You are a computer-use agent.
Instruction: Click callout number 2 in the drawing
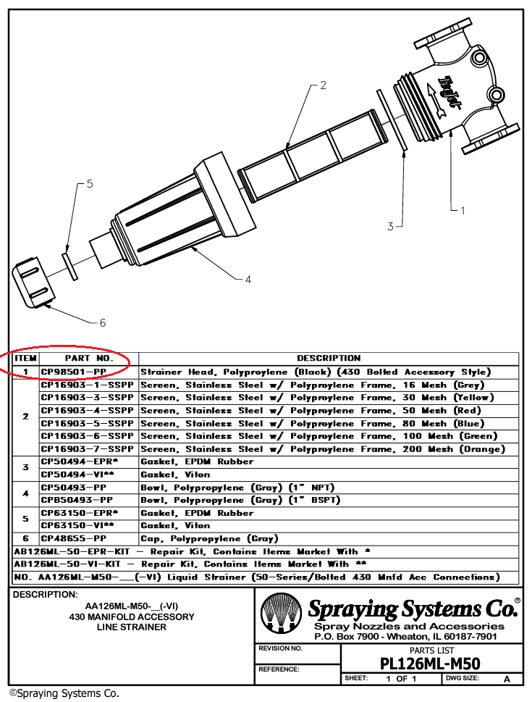pyautogui.click(x=323, y=85)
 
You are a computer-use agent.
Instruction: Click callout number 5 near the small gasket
pyautogui.click(x=90, y=184)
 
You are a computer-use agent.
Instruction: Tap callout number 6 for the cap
pyautogui.click(x=102, y=322)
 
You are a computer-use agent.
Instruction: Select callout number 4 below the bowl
pyautogui.click(x=248, y=279)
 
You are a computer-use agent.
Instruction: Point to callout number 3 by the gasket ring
pyautogui.click(x=390, y=227)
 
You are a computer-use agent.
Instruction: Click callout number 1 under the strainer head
pyautogui.click(x=463, y=211)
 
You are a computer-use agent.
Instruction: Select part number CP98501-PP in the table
pyautogui.click(x=74, y=372)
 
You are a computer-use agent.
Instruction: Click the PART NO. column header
pyautogui.click(x=89, y=358)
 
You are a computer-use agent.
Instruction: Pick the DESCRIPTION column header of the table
pyautogui.click(x=328, y=358)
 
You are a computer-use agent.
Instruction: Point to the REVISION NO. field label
pyautogui.click(x=279, y=648)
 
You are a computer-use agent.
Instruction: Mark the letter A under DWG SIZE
pyautogui.click(x=507, y=679)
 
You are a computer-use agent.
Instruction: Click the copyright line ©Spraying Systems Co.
pyautogui.click(x=64, y=693)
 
